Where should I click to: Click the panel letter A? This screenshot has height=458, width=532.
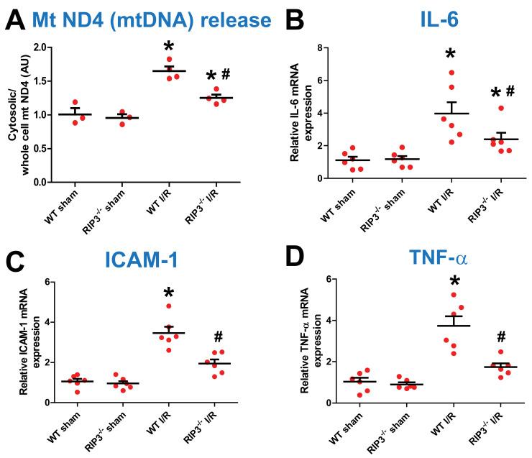pos(16,19)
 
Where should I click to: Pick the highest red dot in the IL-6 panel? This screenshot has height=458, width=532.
pos(451,73)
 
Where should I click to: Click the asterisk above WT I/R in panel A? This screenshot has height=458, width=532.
pos(169,47)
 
